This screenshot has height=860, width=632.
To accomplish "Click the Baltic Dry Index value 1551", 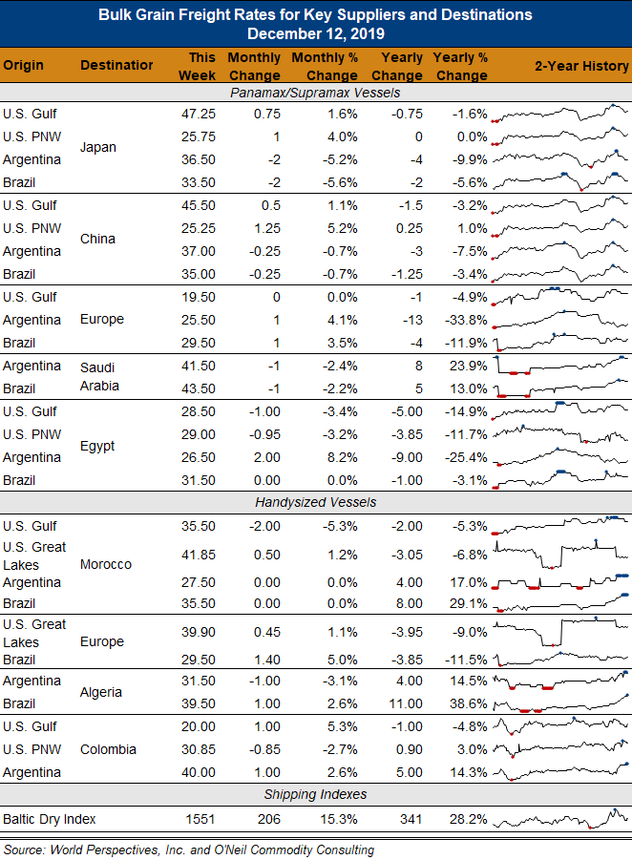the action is tap(200, 819).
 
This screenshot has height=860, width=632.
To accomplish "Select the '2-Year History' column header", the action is tap(581, 66).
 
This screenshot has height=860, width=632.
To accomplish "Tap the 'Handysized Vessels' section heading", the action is tap(315, 502).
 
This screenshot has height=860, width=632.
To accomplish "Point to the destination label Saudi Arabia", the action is tap(99, 377).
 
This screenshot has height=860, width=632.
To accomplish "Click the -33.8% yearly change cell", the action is tap(466, 320).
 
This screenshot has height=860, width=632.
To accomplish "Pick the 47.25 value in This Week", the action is tap(199, 115).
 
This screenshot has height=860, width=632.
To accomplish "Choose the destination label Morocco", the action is tap(106, 564).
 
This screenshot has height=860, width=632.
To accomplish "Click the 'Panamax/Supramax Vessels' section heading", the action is tap(315, 93).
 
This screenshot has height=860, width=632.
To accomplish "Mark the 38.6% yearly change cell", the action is tap(469, 703).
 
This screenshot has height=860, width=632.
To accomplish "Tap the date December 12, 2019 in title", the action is tap(315, 33).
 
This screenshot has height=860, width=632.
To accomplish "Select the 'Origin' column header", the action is tap(23, 66).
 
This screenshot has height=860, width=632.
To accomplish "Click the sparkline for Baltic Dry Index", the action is tap(560, 819).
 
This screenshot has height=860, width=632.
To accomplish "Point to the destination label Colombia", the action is tap(108, 749).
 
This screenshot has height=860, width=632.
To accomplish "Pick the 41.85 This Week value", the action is tap(199, 556).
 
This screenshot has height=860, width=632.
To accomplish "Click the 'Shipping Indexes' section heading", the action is tap(315, 794).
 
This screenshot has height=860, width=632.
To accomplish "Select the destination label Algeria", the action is tap(101, 692).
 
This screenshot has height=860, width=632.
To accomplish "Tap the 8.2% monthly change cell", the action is tap(343, 457).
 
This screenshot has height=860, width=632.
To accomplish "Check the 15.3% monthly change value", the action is tap(339, 819).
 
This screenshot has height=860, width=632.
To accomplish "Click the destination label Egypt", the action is tap(97, 446).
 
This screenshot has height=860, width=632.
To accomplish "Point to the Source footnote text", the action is tap(189, 850).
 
